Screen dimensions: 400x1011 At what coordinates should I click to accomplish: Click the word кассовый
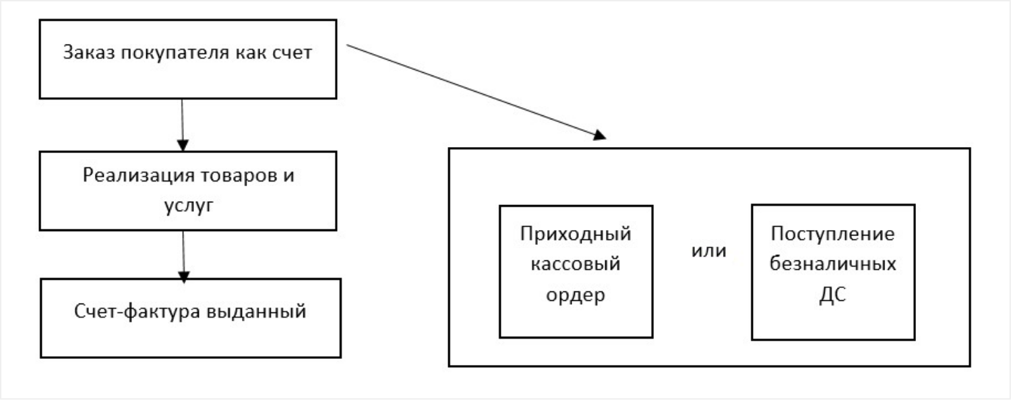pos(576,264)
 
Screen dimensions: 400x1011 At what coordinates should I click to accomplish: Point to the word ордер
pos(576,295)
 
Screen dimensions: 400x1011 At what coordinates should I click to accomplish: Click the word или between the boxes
pos(709,251)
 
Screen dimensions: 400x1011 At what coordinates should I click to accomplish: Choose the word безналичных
pos(833,264)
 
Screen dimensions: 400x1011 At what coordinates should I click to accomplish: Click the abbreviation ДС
pos(833,295)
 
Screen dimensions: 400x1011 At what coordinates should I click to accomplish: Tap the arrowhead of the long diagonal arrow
pos(599,136)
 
